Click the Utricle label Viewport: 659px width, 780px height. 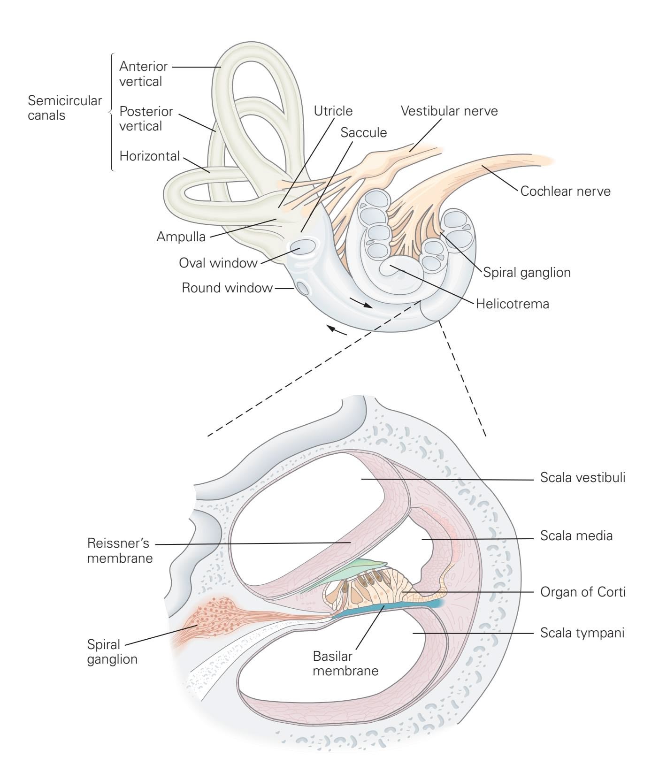point(333,111)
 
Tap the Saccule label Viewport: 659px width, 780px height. point(364,133)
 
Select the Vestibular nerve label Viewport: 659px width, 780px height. point(449,111)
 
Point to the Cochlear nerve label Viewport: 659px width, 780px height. point(565,191)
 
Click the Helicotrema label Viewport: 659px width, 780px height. point(512,304)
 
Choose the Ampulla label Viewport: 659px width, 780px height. point(181,237)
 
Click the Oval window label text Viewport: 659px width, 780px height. point(218,262)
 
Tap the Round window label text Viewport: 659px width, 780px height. point(227,287)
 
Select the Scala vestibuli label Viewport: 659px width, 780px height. point(582,478)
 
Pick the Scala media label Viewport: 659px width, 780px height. point(576,535)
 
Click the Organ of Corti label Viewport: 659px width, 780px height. point(582,592)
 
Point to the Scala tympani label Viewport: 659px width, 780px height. point(582,633)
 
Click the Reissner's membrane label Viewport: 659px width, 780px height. point(120,551)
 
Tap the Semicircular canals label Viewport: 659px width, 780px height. point(65,107)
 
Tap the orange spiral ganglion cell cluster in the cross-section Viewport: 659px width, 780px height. point(216,615)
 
